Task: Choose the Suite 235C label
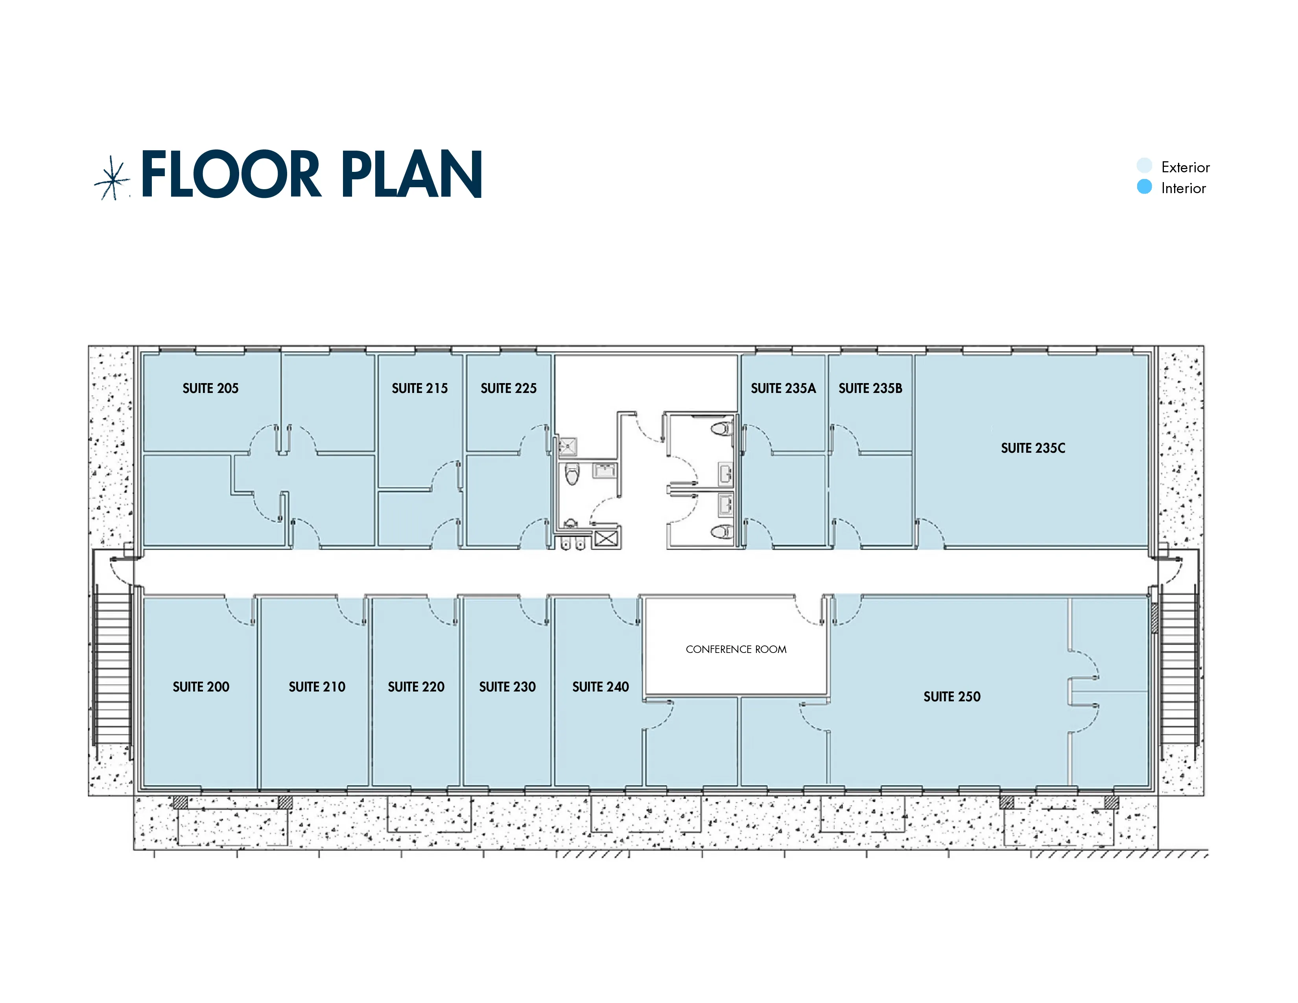pos(1033,448)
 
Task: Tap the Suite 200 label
pos(201,687)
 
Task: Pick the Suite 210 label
pos(317,687)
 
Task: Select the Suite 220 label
pos(416,687)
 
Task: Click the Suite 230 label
pos(507,687)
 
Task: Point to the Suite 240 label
pos(600,687)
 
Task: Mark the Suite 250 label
pos(951,696)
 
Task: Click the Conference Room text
pos(736,649)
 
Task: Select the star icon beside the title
pos(112,178)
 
